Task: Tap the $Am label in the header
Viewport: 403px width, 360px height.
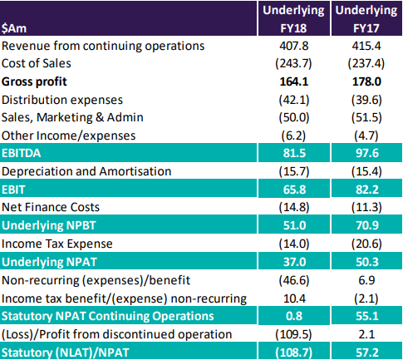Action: point(14,28)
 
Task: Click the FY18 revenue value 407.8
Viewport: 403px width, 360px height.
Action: point(293,46)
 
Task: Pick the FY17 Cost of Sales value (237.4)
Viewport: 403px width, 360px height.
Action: point(366,63)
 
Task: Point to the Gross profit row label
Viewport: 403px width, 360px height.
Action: point(34,81)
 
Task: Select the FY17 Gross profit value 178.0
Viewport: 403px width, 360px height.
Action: point(366,81)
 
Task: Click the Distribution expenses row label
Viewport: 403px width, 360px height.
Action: point(62,100)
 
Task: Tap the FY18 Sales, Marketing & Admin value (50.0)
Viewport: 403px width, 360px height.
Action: point(294,117)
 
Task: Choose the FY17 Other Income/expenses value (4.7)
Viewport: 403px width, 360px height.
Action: point(366,136)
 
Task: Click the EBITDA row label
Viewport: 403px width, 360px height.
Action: point(22,153)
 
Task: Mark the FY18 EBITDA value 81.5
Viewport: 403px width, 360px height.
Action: point(294,153)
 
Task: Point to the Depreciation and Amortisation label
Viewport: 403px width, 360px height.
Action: point(86,171)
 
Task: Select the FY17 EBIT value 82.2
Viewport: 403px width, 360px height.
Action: point(367,190)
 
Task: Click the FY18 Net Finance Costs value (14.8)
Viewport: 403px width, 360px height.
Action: point(294,207)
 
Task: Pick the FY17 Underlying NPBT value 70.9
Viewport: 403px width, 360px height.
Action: point(367,225)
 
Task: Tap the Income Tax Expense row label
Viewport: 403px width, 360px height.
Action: point(57,244)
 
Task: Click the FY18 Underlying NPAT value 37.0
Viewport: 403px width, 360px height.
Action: point(294,262)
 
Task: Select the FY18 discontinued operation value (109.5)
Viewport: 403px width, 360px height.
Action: point(293,334)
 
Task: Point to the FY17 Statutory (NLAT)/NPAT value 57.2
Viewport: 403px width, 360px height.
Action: point(367,353)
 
